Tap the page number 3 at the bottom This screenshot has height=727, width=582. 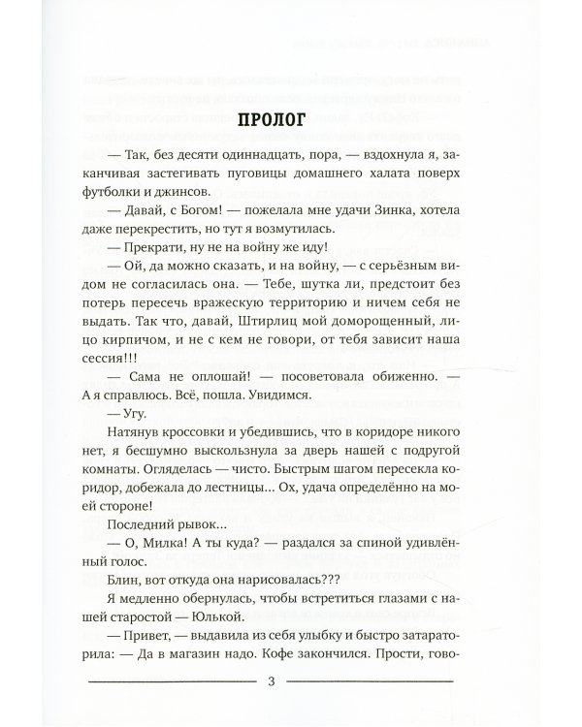pos(271,683)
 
